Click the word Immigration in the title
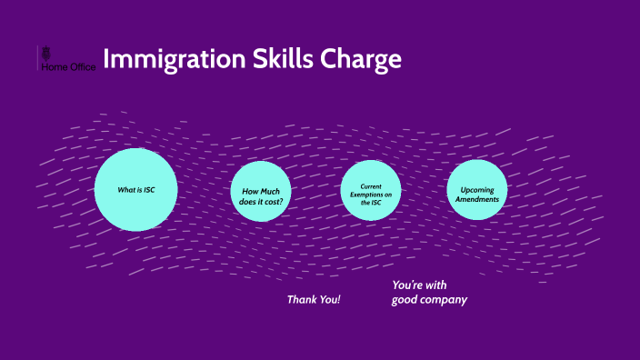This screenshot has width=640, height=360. pos(173,60)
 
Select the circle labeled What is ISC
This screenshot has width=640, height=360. pos(135,189)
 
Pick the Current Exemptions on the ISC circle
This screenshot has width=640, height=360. pos(370,190)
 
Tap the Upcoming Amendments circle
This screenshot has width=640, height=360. pos(477,189)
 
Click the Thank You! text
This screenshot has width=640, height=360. pos(314,299)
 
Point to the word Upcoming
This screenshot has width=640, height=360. pos(477,189)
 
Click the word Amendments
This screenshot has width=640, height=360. pos(477,199)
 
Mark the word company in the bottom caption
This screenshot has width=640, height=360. pos(444,299)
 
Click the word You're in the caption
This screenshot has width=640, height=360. pos(407,285)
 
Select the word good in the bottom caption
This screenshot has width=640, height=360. pos(404,299)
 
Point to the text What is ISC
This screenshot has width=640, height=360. pos(135,189)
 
